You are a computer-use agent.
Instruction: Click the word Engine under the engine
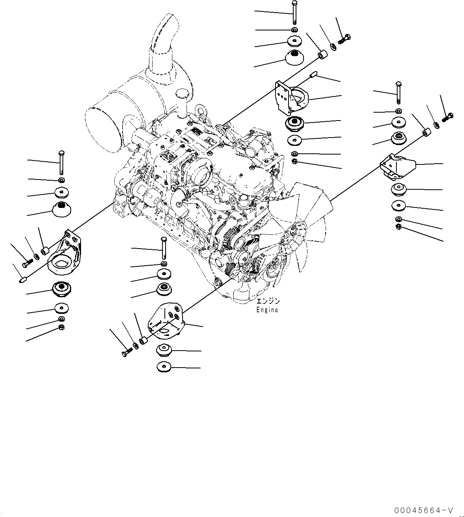(267, 310)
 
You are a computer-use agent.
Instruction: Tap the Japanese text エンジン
(268, 301)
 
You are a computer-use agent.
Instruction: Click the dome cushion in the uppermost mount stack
(294, 58)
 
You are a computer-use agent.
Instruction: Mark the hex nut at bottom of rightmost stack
(398, 226)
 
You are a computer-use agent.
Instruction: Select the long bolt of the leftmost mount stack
(61, 162)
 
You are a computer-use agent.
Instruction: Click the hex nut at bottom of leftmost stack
(61, 327)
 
